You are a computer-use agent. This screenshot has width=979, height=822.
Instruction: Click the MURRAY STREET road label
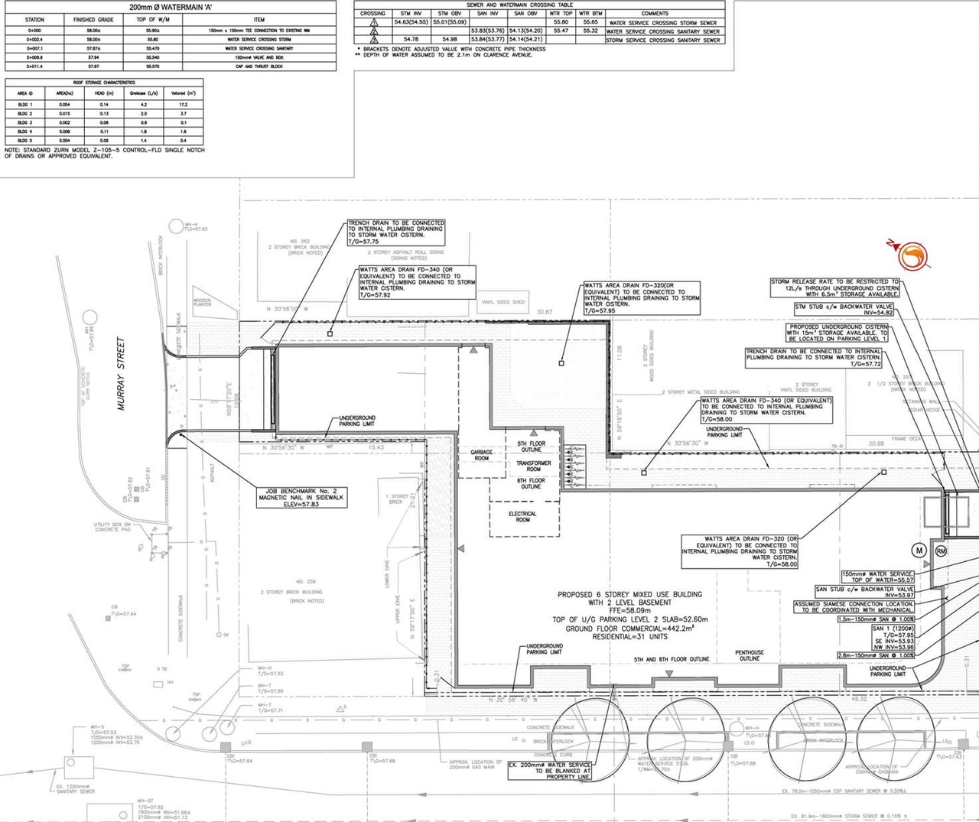point(121,373)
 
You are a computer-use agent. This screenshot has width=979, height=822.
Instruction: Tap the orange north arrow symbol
point(911,256)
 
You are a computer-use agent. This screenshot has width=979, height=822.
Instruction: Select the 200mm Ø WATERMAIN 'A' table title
point(171,7)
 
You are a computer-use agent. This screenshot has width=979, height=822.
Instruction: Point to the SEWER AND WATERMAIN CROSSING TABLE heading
point(519,5)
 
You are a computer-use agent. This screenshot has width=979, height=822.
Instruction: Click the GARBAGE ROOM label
point(481,455)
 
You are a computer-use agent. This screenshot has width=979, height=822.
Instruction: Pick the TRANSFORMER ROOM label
point(533,466)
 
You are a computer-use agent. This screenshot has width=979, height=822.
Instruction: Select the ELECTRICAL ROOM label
point(522,517)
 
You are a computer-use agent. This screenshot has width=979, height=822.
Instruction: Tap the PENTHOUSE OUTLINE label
point(749,655)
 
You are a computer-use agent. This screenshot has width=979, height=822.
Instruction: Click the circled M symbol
point(919,551)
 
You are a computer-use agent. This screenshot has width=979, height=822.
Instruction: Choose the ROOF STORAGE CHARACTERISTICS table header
point(104,83)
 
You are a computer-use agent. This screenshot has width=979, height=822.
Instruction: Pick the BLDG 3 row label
point(25,122)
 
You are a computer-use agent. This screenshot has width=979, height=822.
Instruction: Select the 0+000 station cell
point(34,31)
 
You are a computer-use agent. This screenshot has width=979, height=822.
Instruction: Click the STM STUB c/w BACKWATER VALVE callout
point(844,309)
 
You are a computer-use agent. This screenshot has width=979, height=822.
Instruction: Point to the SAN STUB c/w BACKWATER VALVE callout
point(864,592)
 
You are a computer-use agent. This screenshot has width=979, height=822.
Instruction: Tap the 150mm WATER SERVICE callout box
point(877,577)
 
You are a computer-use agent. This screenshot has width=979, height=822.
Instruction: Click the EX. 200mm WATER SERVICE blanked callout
point(549,770)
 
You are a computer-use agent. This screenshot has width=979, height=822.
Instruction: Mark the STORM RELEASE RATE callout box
point(834,288)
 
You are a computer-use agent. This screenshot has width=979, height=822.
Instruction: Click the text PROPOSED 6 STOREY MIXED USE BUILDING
point(629,594)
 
